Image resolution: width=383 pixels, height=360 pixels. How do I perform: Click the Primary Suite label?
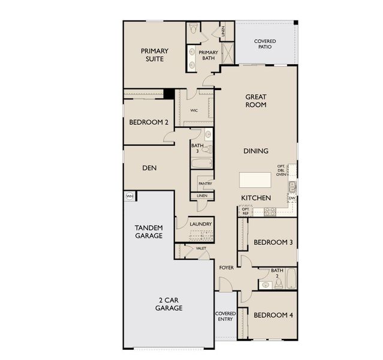(x=155, y=55)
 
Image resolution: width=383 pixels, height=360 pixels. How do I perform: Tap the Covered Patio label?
(x=265, y=44)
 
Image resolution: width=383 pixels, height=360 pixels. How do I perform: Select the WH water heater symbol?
(x=129, y=196)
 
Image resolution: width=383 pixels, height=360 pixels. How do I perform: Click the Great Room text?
(x=256, y=101)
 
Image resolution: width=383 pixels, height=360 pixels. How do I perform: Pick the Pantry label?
(x=206, y=184)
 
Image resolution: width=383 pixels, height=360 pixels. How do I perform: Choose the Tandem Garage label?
(x=149, y=232)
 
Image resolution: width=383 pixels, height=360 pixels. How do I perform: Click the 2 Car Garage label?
(x=169, y=304)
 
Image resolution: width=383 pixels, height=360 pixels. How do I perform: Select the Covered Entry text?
(x=225, y=316)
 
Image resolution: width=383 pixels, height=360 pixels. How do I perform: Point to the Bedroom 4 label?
(x=273, y=315)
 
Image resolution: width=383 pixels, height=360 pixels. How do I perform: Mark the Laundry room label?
(x=201, y=224)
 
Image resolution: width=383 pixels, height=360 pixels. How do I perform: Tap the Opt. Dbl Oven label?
(x=281, y=171)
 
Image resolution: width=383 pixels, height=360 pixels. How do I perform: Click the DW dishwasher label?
(x=291, y=198)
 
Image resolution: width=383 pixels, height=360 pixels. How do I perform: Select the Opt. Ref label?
(x=245, y=211)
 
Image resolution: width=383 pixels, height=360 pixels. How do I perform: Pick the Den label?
(x=149, y=168)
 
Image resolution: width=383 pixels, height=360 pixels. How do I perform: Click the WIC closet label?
(x=194, y=110)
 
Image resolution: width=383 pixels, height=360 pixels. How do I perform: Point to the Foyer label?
(x=226, y=267)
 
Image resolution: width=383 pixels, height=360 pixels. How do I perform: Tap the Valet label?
(x=201, y=247)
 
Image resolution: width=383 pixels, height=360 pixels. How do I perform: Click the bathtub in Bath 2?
(x=291, y=279)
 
